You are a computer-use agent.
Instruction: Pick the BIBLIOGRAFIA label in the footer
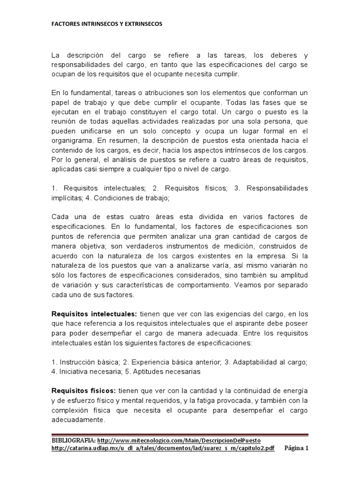(73, 441)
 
